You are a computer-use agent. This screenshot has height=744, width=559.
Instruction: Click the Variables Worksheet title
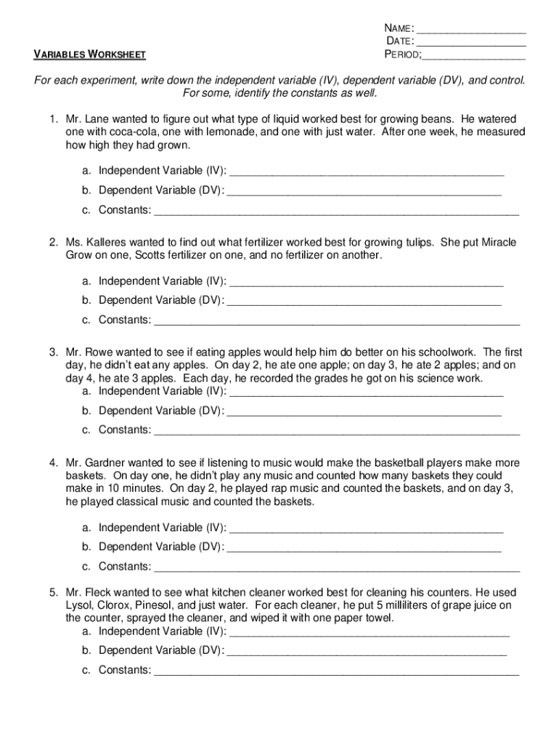[90, 54]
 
